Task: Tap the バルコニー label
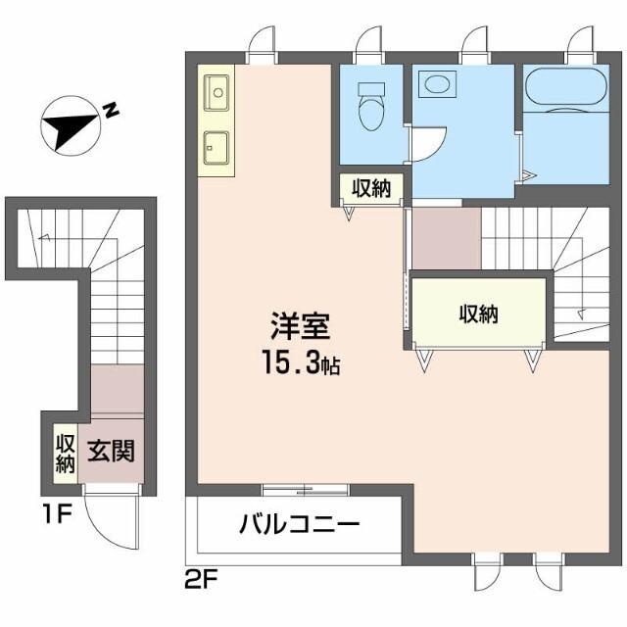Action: click(x=300, y=524)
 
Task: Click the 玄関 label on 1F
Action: click(x=111, y=453)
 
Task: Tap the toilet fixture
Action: click(x=371, y=107)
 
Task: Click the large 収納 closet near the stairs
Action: click(x=478, y=313)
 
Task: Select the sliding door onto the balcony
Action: click(x=305, y=488)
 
